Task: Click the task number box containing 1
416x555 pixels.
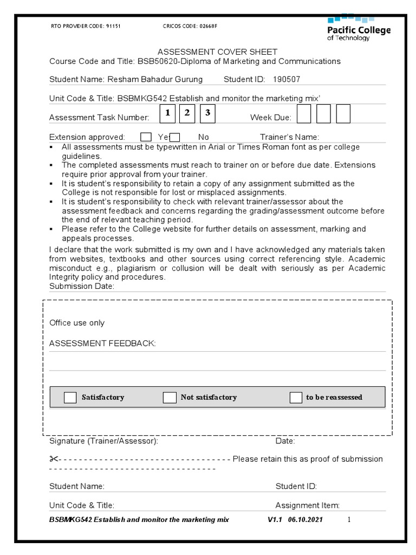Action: [x=168, y=113]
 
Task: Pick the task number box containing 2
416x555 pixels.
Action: [x=187, y=113]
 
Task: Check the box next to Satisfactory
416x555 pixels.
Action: [x=70, y=398]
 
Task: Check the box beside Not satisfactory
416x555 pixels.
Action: [x=170, y=398]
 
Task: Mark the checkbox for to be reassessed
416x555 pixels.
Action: [x=296, y=398]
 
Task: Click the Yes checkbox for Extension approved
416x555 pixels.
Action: [x=146, y=137]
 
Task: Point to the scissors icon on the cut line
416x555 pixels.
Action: [x=54, y=459]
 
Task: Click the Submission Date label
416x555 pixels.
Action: [x=81, y=286]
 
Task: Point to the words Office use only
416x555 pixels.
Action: [x=77, y=323]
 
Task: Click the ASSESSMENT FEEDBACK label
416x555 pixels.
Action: [x=102, y=344]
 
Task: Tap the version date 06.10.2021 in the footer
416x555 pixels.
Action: [x=307, y=520]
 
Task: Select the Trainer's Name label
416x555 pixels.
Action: [x=289, y=137]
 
